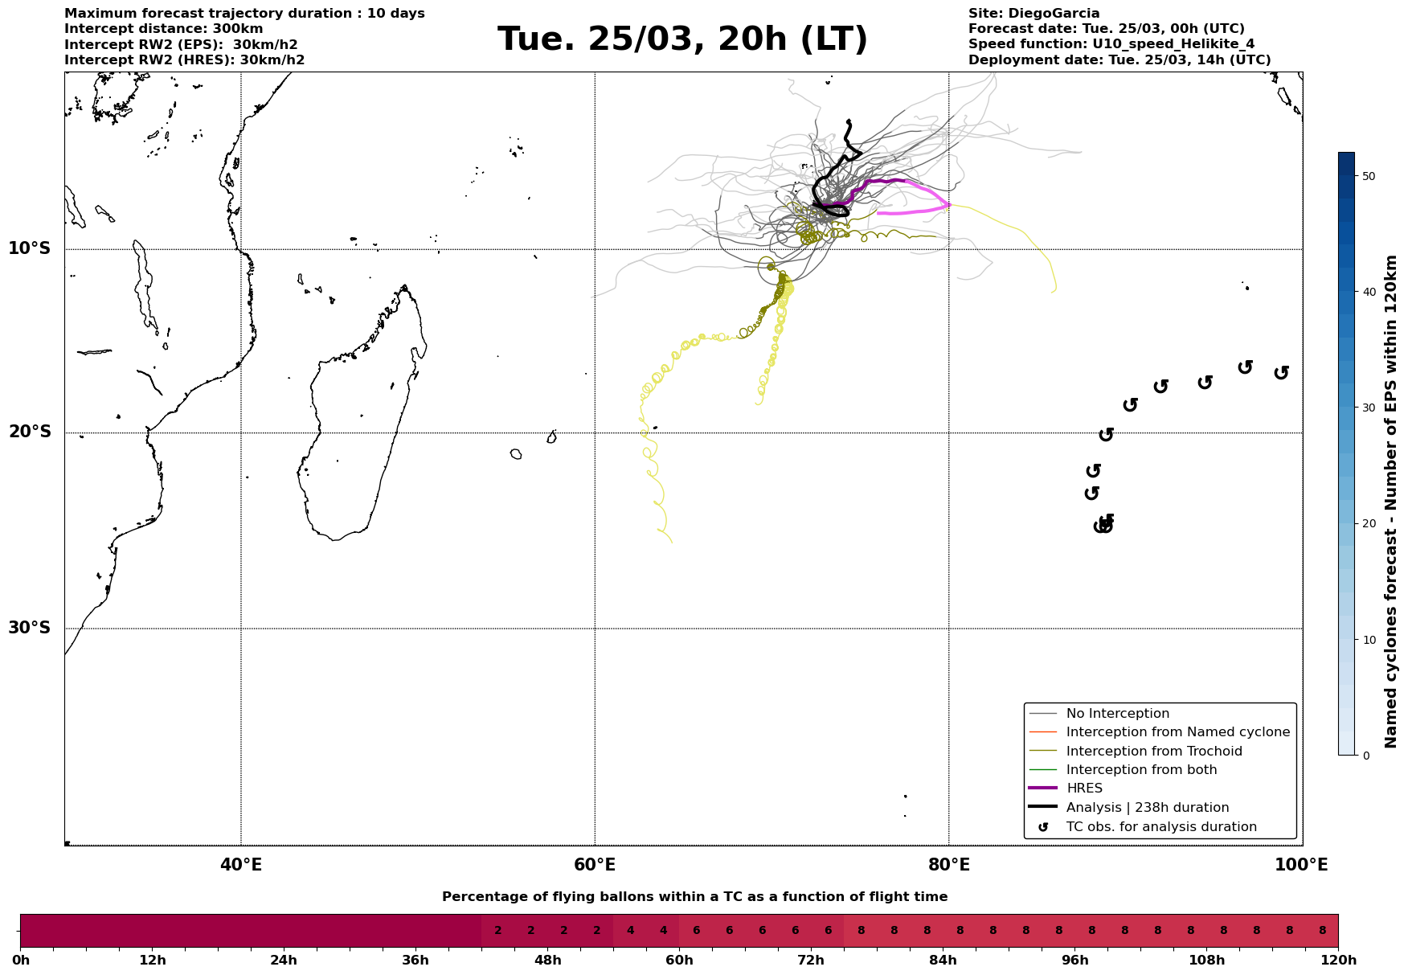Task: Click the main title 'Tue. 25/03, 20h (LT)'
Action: pos(682,39)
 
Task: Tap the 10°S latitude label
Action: pos(30,248)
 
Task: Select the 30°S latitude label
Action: pos(30,628)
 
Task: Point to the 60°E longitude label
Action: pos(595,865)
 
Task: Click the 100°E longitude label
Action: pos(1301,865)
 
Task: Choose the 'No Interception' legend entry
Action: pos(1117,714)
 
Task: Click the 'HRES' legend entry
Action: pos(1084,789)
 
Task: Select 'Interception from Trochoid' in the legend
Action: pos(1153,752)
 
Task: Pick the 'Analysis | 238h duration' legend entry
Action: pos(1147,808)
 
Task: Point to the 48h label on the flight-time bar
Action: pos(547,961)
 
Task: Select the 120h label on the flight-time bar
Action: pos(1338,961)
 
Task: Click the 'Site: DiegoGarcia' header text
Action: pos(1033,14)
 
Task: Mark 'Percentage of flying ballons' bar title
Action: pos(694,897)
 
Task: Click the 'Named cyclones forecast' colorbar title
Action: pos(1392,502)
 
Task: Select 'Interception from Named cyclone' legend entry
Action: pos(1177,732)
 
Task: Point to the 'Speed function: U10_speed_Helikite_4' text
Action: pos(1111,44)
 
